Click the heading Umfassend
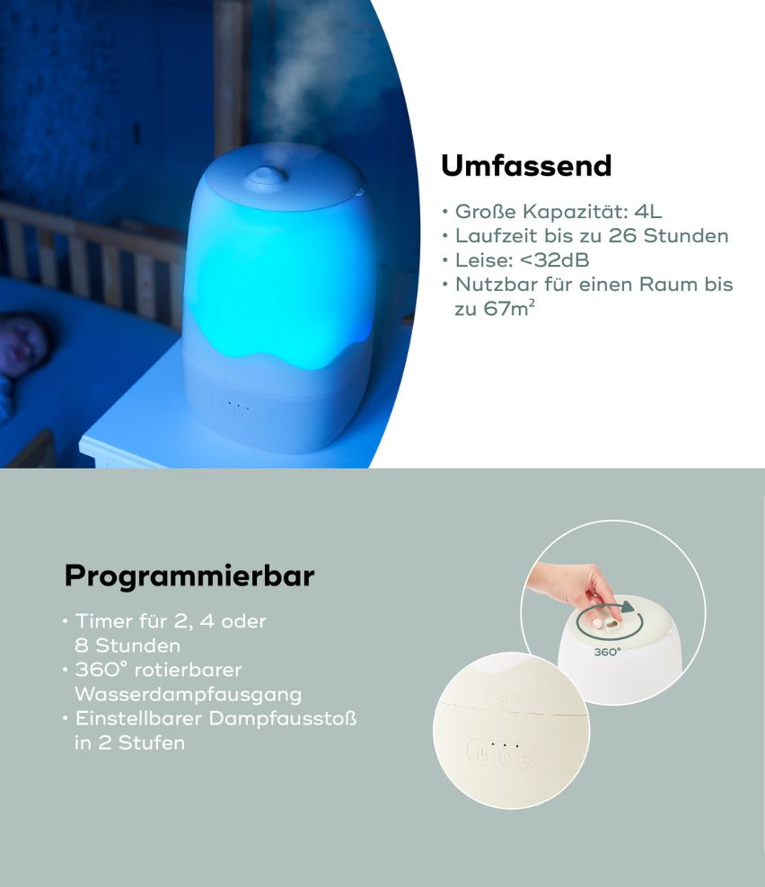point(526,166)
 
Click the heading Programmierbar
point(189,575)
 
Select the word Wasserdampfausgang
point(188,694)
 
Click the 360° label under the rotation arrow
point(607,653)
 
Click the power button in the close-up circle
point(482,755)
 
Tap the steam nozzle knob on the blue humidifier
point(265,175)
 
